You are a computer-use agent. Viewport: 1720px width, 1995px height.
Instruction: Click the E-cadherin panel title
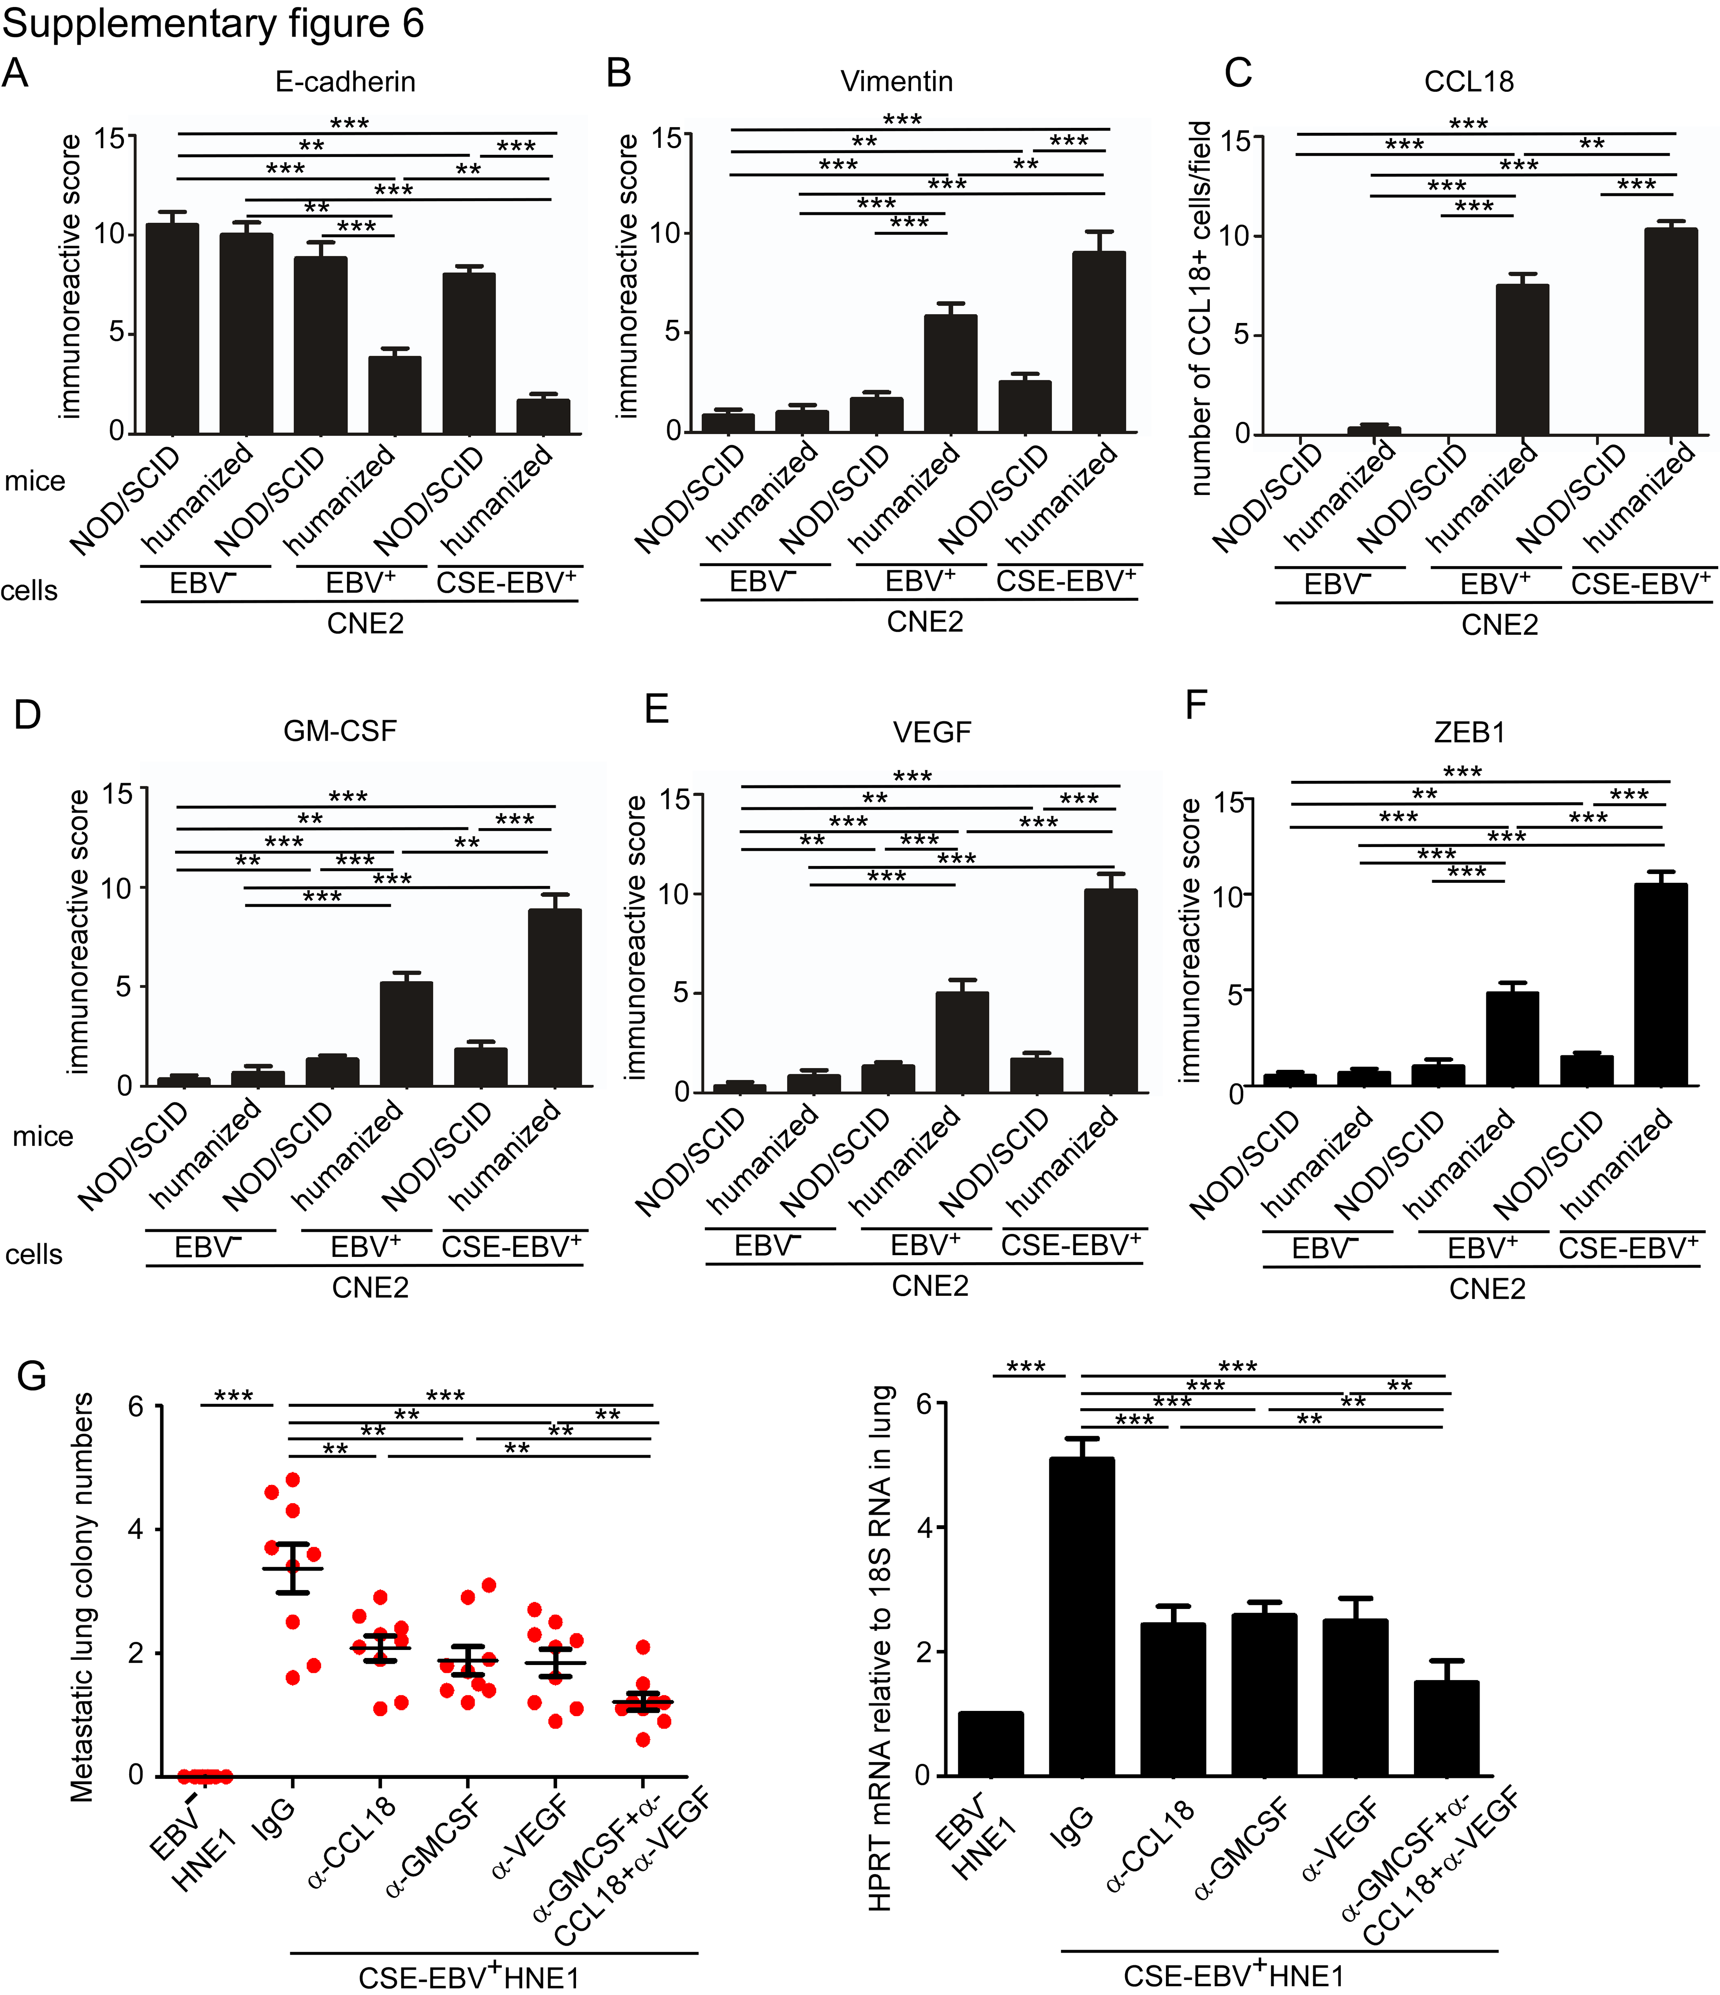[x=345, y=82]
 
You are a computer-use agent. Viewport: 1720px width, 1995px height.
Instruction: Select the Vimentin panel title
[x=896, y=82]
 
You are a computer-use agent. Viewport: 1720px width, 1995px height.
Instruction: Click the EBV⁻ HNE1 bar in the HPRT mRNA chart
[x=991, y=1743]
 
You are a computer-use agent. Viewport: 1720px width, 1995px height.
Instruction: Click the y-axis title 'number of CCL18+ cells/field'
[x=1200, y=308]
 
